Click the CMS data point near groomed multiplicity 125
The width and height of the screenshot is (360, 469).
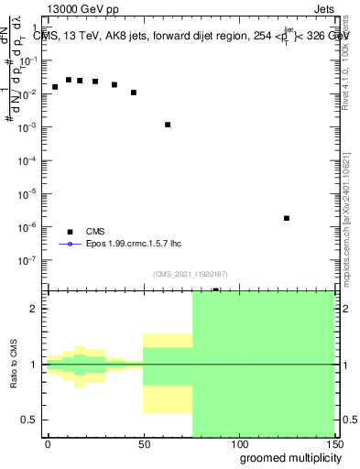point(287,218)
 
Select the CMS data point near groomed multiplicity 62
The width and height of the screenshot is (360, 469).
point(168,125)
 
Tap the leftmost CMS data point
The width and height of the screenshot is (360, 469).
point(55,87)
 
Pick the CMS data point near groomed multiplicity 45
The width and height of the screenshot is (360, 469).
point(134,93)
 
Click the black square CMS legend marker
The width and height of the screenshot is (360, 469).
point(69,232)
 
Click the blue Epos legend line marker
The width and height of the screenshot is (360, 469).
point(69,245)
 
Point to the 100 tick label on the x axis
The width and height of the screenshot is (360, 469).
point(238,443)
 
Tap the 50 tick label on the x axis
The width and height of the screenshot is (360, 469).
point(143,443)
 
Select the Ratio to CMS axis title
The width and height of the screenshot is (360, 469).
point(14,365)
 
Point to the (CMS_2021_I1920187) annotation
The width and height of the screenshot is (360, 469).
point(190,273)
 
